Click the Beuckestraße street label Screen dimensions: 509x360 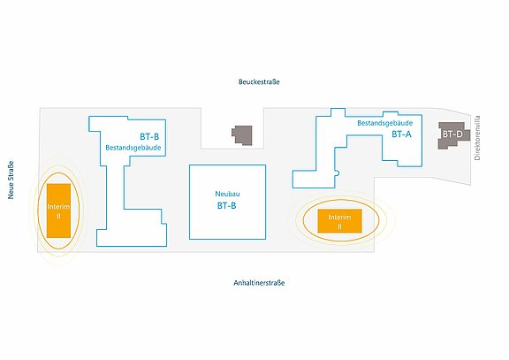[259, 81]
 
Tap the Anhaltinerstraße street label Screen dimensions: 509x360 [259, 283]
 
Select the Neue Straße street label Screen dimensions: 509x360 [11, 180]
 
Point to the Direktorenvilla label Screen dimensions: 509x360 [477, 138]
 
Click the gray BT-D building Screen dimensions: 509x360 [454, 135]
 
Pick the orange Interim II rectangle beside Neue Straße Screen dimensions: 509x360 [58, 211]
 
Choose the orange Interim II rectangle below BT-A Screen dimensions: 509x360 [339, 221]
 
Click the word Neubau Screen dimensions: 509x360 [228, 194]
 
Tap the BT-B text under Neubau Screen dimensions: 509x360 [226, 206]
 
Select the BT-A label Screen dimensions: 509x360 [401, 134]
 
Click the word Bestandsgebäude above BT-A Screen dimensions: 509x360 [385, 123]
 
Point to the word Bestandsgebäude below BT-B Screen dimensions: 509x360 [133, 148]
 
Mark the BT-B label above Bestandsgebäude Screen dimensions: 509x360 [149, 137]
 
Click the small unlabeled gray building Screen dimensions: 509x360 [242, 135]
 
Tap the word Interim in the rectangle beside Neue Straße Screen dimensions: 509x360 [58, 207]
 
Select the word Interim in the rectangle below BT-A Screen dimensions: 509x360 [339, 217]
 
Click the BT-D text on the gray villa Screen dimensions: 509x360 [452, 134]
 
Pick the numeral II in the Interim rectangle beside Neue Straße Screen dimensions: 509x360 [58, 216]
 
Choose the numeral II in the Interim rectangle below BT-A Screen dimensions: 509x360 [339, 226]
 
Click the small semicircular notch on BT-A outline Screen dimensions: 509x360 [338, 173]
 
